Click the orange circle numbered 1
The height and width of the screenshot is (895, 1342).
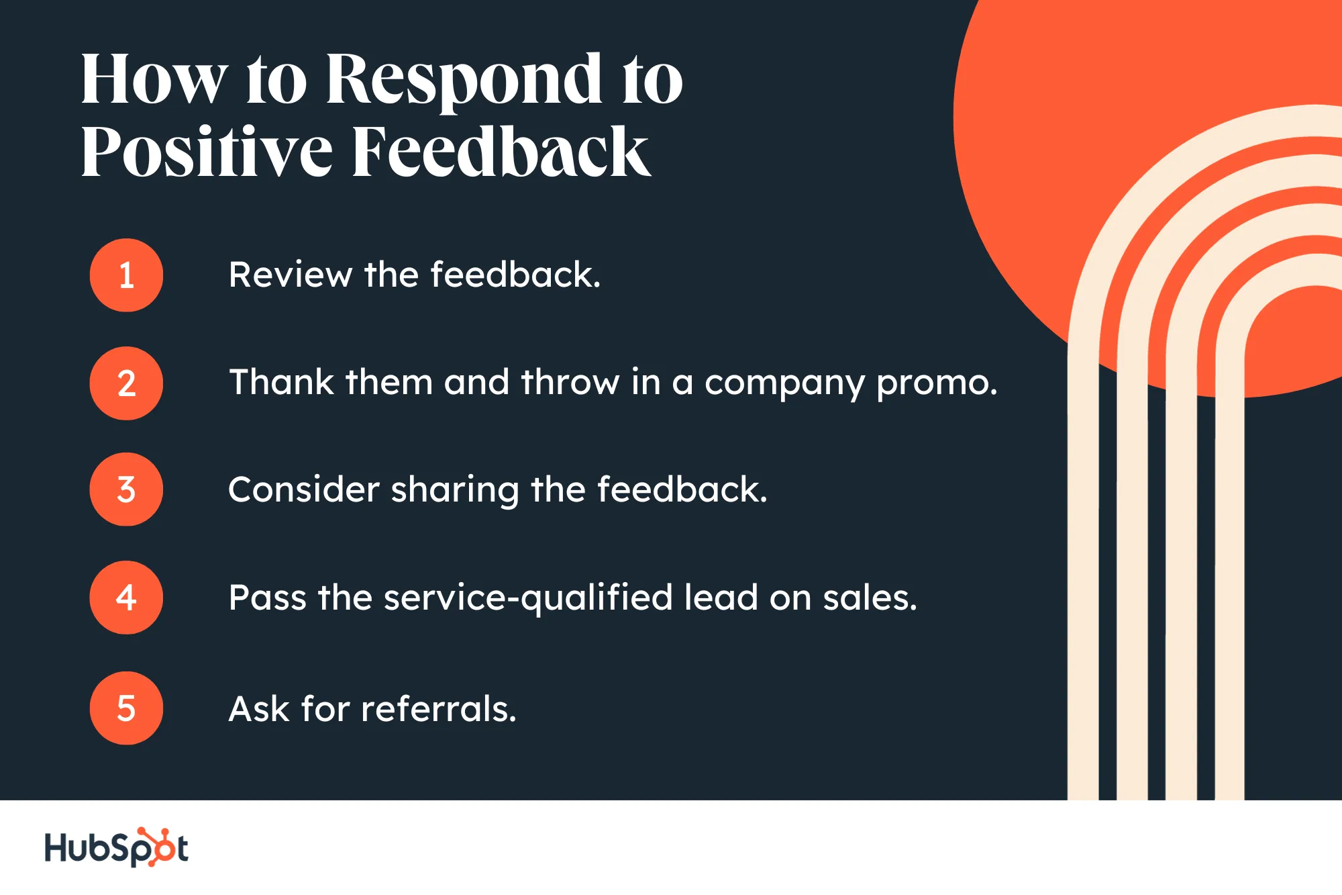[x=126, y=275]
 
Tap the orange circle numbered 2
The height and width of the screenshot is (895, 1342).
[x=126, y=383]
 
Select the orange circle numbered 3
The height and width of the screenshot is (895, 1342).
[x=126, y=489]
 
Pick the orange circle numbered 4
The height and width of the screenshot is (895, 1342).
[x=126, y=598]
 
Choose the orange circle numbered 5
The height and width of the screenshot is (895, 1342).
[x=126, y=708]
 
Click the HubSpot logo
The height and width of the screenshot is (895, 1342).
[x=116, y=847]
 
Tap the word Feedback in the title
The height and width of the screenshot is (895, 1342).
[x=501, y=150]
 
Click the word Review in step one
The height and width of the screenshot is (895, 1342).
[x=290, y=275]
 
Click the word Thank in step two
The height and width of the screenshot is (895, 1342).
[x=282, y=382]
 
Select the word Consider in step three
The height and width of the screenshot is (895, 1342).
[x=304, y=489]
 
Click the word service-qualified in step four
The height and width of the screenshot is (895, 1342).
[x=528, y=598]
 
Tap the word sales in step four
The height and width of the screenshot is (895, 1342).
[x=870, y=598]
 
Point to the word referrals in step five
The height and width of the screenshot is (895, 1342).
[x=439, y=708]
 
